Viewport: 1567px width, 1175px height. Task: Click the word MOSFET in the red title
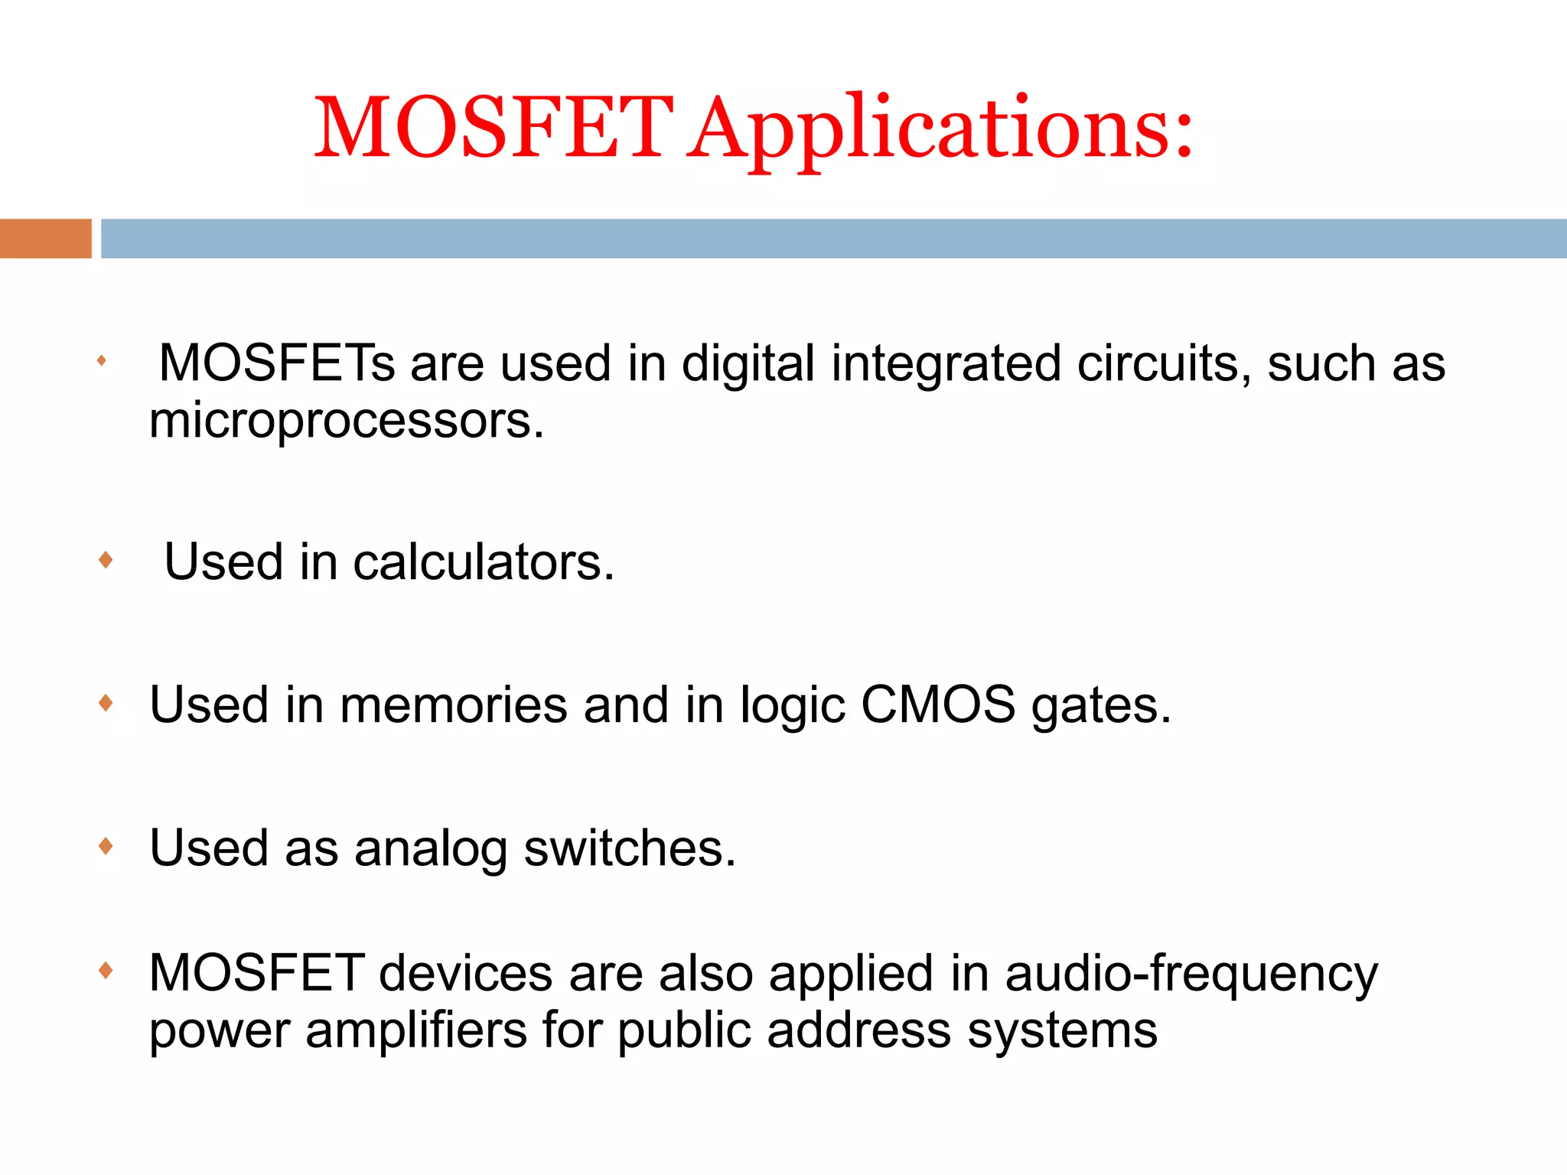pos(494,128)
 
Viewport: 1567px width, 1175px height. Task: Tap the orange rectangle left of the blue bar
pos(45,239)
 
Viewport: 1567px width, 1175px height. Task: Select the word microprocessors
pos(346,422)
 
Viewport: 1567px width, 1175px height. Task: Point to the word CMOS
pos(938,705)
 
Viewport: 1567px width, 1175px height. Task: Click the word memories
pos(454,705)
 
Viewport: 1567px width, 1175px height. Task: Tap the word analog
pos(431,849)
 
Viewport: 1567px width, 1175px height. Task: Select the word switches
pos(629,848)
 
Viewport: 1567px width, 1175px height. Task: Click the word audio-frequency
pos(1191,975)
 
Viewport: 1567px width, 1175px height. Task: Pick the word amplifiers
pos(416,1030)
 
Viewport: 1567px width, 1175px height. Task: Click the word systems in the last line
pos(1062,1032)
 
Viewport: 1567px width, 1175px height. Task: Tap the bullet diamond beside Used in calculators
pos(106,560)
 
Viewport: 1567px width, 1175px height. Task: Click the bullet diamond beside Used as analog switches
pos(106,846)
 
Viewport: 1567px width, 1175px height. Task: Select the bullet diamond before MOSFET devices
pos(106,971)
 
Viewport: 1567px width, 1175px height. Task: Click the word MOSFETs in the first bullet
pos(276,363)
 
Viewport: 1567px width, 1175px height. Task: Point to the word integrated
pos(946,364)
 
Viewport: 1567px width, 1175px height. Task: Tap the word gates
pos(1100,705)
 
